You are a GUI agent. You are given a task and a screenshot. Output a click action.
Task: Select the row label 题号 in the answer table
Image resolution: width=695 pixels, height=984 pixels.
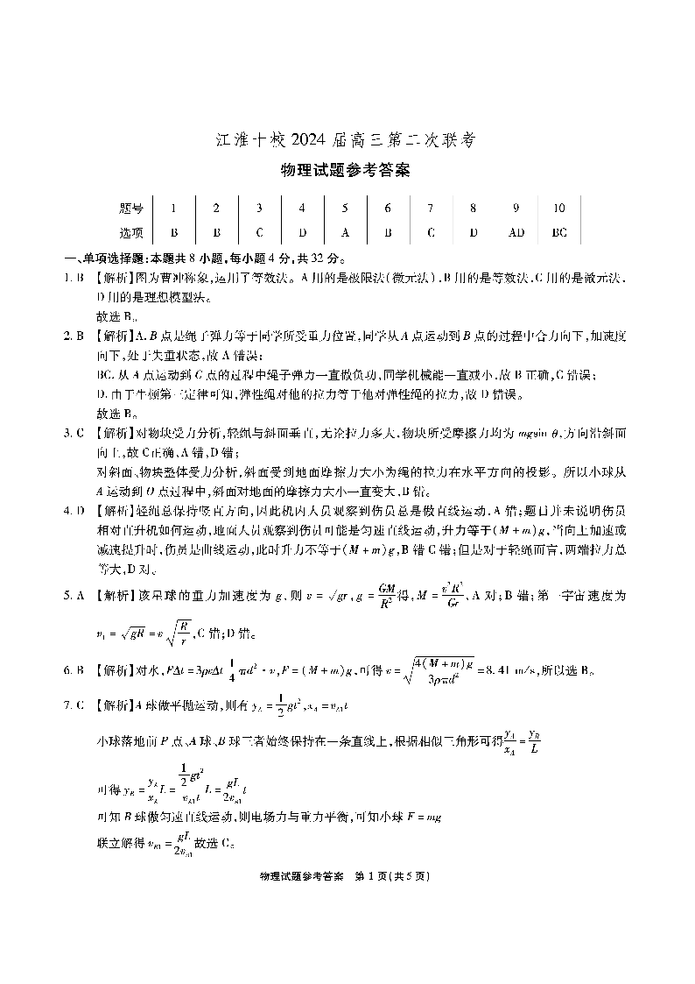click(130, 209)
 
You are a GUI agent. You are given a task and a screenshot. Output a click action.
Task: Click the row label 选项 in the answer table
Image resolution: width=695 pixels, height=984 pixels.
click(130, 233)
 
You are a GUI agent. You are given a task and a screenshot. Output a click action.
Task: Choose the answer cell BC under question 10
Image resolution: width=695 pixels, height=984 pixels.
click(559, 233)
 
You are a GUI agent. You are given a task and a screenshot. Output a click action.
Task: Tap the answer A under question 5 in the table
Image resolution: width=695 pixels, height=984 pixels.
click(345, 233)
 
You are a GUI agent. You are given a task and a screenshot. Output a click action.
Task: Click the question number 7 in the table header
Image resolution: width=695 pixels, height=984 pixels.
click(431, 209)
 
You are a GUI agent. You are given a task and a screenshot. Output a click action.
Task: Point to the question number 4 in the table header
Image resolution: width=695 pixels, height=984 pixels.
click(302, 209)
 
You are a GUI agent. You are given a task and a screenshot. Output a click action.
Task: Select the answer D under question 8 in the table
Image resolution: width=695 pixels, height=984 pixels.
click(474, 233)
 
